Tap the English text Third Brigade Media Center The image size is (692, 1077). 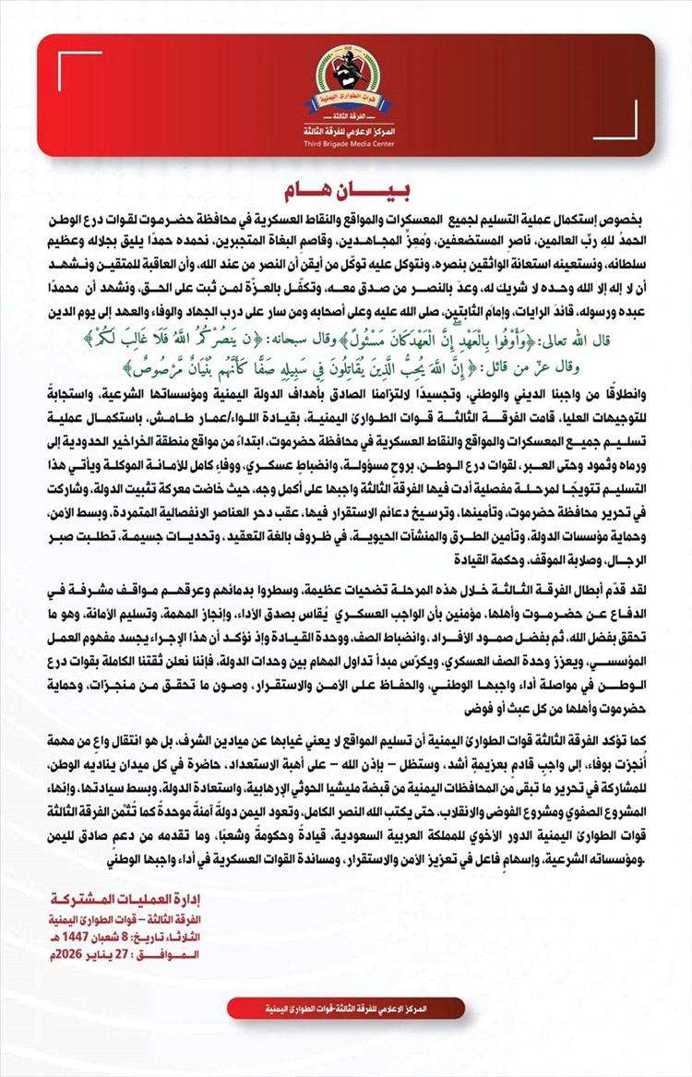(346, 145)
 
